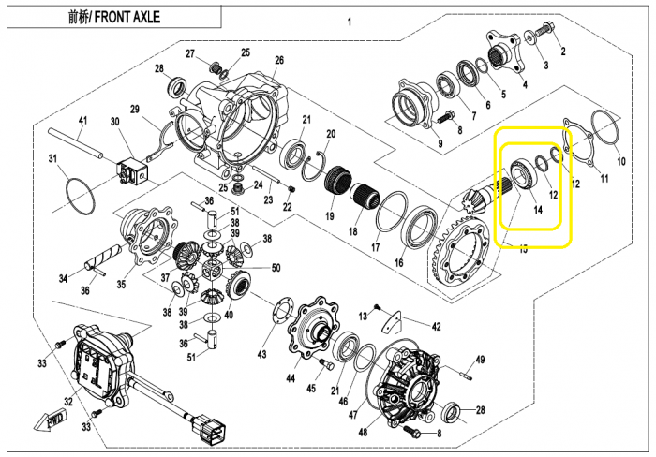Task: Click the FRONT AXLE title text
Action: pos(113,17)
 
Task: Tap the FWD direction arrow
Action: pos(50,421)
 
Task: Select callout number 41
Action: pos(82,121)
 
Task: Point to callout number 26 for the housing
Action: pos(279,60)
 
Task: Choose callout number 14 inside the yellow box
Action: pos(538,210)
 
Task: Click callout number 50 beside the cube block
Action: pos(276,268)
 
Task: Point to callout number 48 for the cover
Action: pos(363,431)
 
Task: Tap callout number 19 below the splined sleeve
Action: pos(330,215)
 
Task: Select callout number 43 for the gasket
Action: pos(261,355)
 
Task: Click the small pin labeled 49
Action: pos(465,375)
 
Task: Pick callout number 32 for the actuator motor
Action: pos(68,402)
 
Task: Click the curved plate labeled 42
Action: pos(392,322)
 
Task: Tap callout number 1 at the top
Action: pos(350,22)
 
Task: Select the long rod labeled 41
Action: pos(76,143)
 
